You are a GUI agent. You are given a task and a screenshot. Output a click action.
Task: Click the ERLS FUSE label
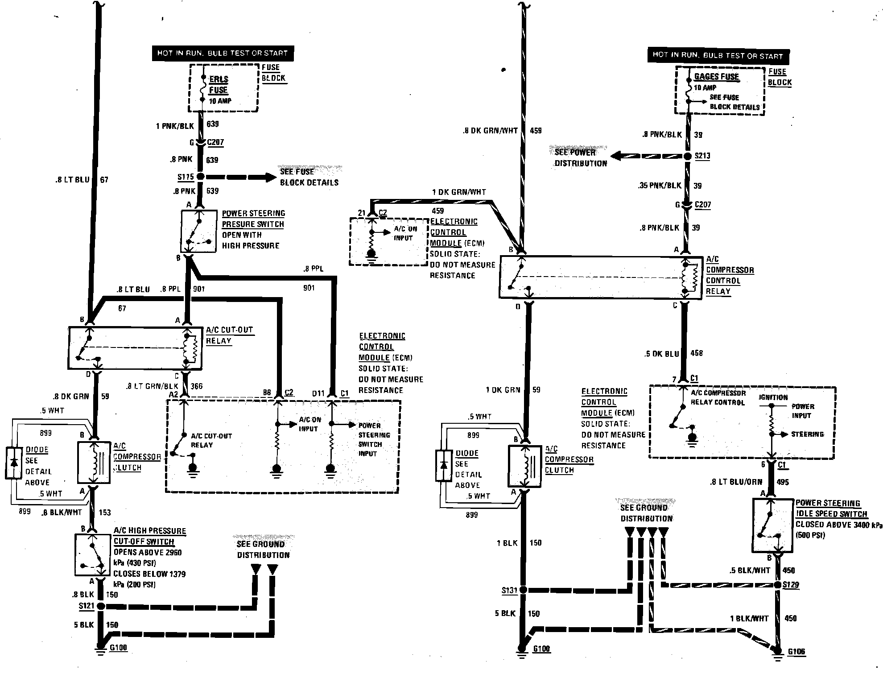pos(219,84)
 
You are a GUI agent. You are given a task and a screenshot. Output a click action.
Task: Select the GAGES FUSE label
pos(716,76)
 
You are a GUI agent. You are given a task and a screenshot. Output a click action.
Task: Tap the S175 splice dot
pos(200,177)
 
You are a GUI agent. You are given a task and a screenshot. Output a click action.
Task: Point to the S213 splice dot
pos(689,156)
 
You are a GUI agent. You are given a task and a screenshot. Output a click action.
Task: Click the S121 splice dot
pos(101,606)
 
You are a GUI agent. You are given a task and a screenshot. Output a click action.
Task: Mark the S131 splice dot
pos(523,590)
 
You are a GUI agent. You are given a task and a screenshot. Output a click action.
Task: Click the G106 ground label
pos(796,652)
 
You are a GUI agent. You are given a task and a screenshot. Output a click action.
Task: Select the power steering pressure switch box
pos(198,232)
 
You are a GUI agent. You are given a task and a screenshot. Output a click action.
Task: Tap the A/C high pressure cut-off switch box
pos(92,555)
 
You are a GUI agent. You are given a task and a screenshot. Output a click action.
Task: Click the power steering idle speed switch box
pos(773,526)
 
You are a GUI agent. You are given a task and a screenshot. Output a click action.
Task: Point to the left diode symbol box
pos(14,463)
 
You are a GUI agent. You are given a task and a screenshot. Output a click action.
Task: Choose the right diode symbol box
pos(443,466)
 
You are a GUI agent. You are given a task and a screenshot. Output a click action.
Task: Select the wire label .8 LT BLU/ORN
pos(736,482)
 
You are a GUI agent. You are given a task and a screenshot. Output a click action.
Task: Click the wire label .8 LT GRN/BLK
pos(152,386)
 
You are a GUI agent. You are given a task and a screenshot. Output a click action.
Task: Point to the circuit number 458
pos(697,353)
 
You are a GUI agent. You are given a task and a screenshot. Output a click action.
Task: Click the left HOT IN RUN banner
pos(223,53)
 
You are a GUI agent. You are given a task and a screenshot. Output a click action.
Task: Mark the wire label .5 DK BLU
pos(661,354)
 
